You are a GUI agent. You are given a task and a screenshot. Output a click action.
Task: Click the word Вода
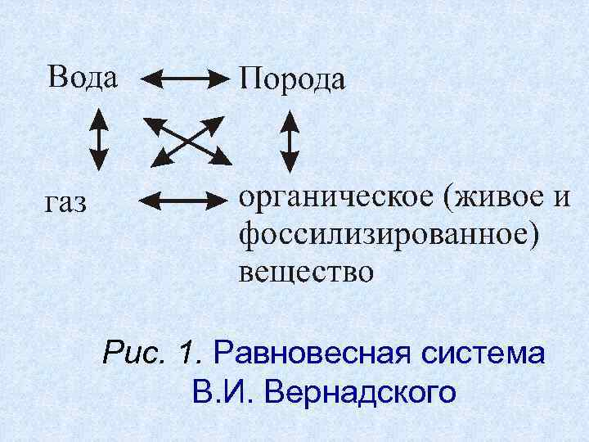(x=82, y=77)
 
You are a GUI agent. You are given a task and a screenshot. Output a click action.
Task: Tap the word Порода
(x=291, y=80)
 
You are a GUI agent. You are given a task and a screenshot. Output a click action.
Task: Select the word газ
(x=65, y=202)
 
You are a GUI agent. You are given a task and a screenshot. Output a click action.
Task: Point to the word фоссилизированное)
(x=389, y=235)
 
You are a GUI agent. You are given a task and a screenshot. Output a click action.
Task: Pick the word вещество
(x=306, y=270)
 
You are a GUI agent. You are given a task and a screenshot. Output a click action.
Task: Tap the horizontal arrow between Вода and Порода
(x=185, y=79)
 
